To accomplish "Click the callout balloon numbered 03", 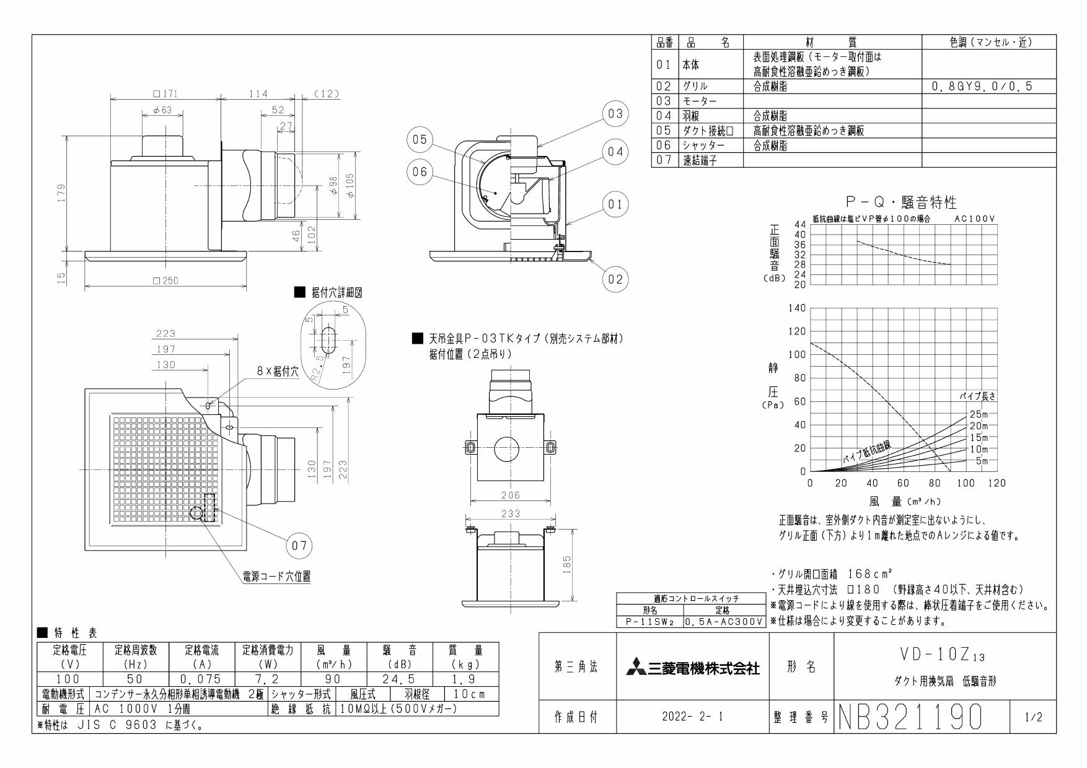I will pos(614,114).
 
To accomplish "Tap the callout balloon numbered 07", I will pos(299,546).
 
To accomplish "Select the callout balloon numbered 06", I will pos(420,172).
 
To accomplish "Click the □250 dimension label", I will pos(165,281).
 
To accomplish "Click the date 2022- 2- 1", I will pos(692,718).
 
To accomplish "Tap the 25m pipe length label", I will pos(979,414).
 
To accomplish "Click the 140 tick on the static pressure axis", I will pos(796,308).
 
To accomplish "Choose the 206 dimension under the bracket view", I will pos(510,495).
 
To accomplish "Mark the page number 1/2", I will pos(1033,718).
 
